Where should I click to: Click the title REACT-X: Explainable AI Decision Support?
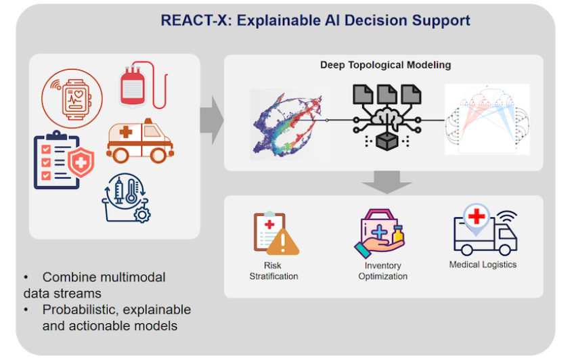(315, 20)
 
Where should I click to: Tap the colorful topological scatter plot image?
(285, 122)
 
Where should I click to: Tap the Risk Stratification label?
(273, 271)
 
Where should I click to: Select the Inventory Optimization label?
(382, 271)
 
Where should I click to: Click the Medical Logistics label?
(483, 265)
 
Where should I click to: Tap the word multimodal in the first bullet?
(134, 277)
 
